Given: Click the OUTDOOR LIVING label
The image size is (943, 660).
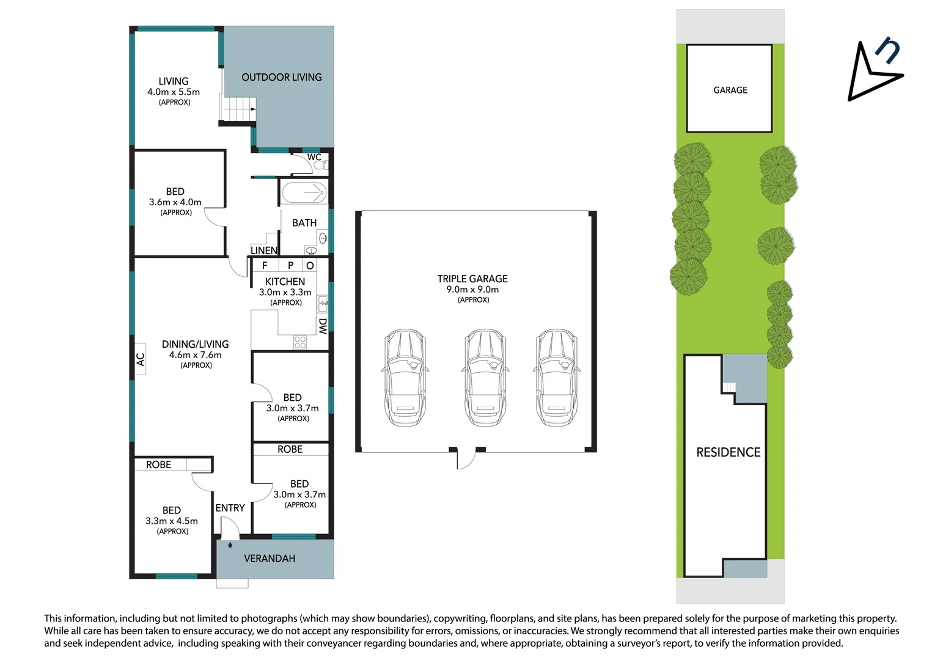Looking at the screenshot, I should click(x=281, y=78).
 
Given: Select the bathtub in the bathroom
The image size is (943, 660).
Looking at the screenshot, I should click(x=304, y=193).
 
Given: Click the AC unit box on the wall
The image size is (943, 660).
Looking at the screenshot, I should click(x=140, y=359).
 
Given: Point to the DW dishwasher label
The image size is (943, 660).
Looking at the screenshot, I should click(x=323, y=326).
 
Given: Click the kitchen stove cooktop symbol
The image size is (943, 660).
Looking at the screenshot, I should click(x=299, y=342).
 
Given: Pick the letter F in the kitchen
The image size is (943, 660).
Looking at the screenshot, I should click(x=265, y=265).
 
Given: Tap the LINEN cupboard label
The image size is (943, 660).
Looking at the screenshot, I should click(x=264, y=251).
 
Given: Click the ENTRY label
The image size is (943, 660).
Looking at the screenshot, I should click(x=230, y=508).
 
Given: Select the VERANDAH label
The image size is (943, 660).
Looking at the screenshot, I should click(x=270, y=559).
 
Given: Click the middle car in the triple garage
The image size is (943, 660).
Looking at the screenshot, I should click(x=485, y=378).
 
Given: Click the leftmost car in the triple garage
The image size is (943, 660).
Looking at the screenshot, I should click(x=405, y=378).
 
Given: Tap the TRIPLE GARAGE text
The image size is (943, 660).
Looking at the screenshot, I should click(x=472, y=279).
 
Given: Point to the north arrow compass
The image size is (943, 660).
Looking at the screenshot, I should click(x=874, y=71).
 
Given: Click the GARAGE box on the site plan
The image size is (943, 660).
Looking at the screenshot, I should click(x=730, y=89).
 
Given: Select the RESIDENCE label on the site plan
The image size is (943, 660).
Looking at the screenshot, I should click(x=728, y=452).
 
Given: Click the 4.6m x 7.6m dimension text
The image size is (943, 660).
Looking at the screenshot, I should click(x=196, y=355).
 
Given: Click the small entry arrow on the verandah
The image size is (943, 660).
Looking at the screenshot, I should click(x=230, y=544).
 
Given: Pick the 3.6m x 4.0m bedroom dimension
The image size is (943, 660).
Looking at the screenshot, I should click(x=175, y=202).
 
